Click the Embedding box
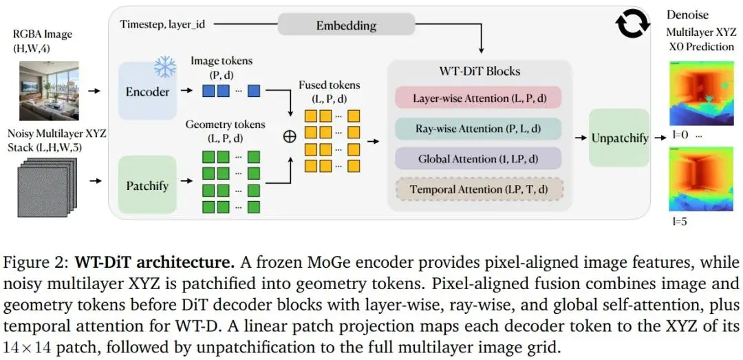tap(346, 24)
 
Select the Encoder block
tap(147, 92)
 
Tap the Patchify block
tap(147, 185)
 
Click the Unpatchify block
tap(619, 138)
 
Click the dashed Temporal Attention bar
tap(479, 190)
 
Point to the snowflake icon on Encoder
tap(164, 66)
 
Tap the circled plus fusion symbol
tap(289, 137)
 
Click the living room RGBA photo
tap(49, 91)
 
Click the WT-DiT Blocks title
tap(479, 71)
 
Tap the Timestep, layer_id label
tap(162, 24)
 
